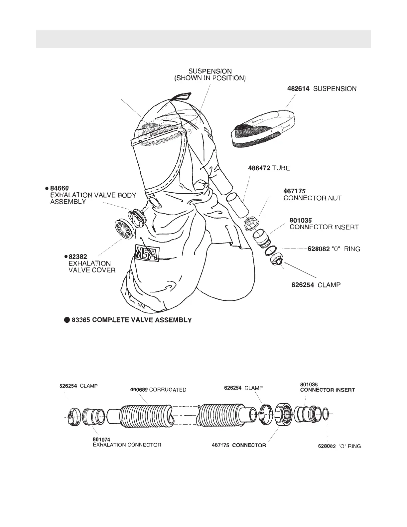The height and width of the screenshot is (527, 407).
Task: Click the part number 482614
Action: [299, 89]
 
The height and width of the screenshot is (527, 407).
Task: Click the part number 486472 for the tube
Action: [259, 168]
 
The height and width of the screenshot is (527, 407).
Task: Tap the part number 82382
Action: [78, 257]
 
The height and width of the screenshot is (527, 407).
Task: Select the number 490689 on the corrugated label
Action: [139, 390]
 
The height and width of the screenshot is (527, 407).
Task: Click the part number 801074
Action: [101, 439]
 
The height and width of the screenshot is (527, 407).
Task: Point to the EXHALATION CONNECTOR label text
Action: [127, 445]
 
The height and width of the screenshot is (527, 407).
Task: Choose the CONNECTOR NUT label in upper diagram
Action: [312, 198]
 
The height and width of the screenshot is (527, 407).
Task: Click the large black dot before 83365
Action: [67, 320]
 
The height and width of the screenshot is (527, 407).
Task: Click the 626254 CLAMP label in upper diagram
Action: [316, 285]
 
